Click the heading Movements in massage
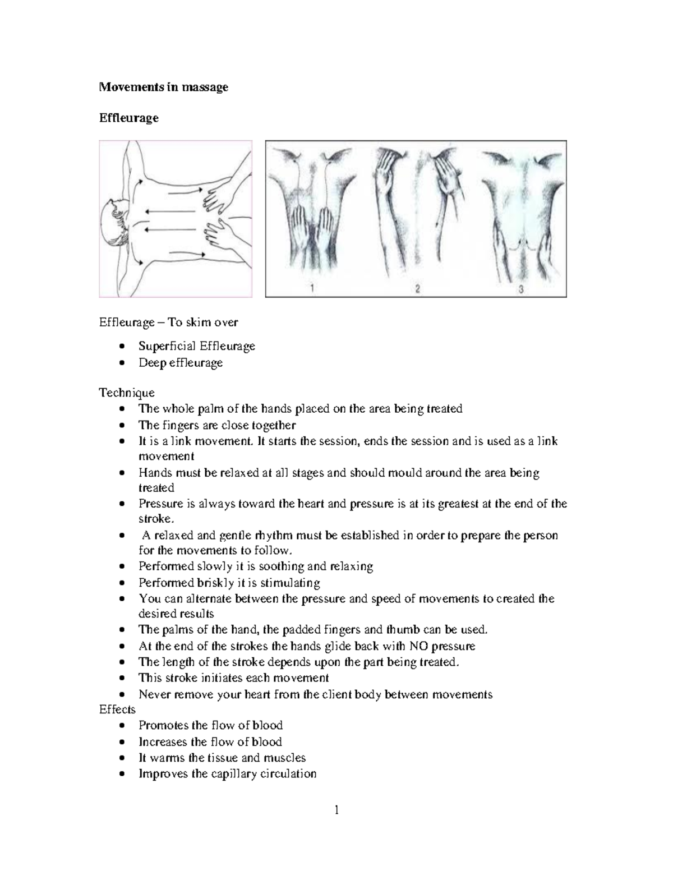[163, 87]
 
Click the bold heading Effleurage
[128, 118]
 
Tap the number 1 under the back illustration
[312, 288]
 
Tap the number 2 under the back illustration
[417, 289]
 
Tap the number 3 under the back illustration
[521, 289]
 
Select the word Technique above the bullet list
[127, 393]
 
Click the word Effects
[117, 709]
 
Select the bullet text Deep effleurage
[181, 363]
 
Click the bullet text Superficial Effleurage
[197, 346]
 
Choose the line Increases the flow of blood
[210, 742]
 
